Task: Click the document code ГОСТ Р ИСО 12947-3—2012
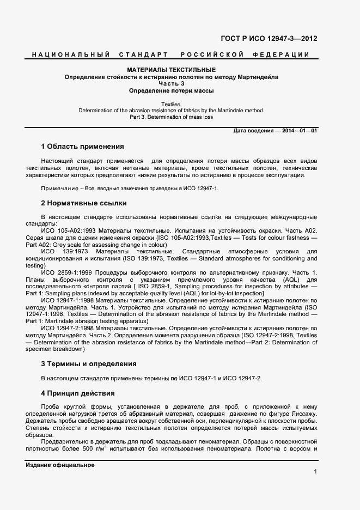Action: tap(269, 39)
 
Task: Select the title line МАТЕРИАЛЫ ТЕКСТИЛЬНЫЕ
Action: tap(171, 70)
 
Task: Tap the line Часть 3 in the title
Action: tap(171, 84)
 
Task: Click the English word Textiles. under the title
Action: tap(171, 104)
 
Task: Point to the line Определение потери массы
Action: tap(171, 90)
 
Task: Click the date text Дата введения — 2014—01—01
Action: tap(275, 131)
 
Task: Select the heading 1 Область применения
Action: tap(82, 147)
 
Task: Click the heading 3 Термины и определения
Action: tap(88, 363)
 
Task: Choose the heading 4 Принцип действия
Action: tap(78, 393)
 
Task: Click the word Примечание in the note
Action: tap(58, 188)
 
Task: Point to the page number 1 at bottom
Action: tap(315, 471)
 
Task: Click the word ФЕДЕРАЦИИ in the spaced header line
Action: tap(281, 54)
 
